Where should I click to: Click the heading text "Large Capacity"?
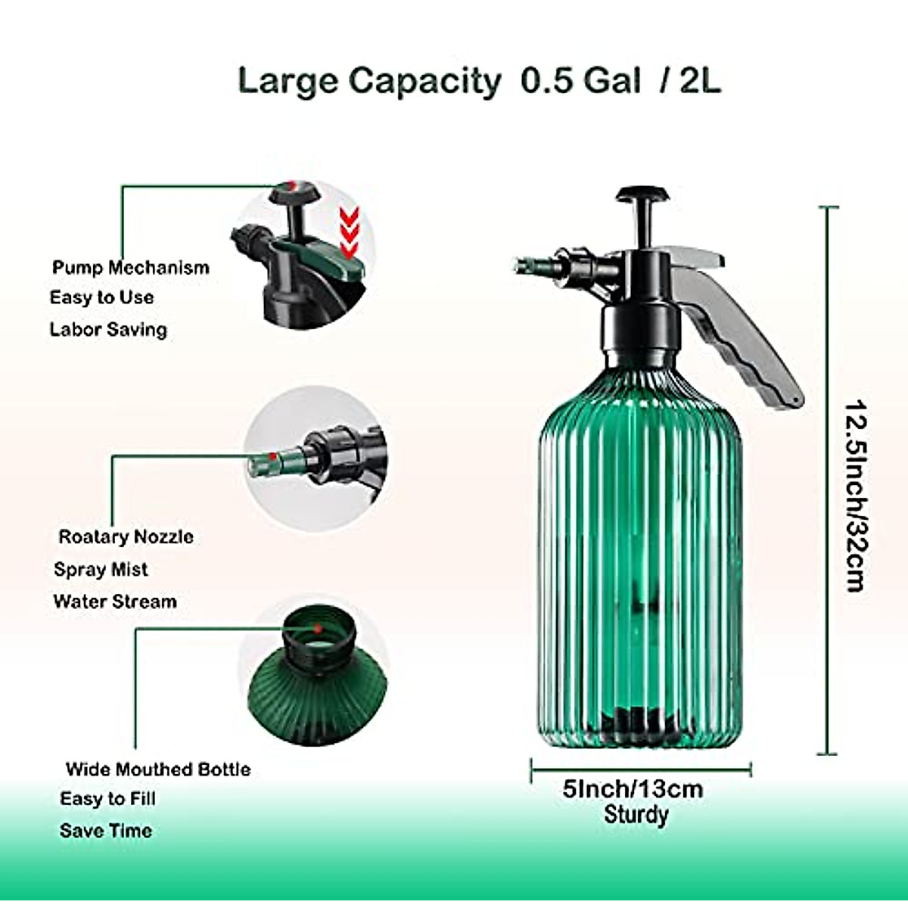368,81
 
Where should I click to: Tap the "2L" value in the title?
701,81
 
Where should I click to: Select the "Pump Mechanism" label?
130,268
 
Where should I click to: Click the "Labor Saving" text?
108,330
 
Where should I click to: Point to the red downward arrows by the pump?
348,233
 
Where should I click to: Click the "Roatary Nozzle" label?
126,537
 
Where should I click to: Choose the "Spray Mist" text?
101,570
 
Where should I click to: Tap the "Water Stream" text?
115,602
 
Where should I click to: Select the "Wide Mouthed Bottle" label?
158,770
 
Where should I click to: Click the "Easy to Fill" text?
107,799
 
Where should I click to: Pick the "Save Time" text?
106,831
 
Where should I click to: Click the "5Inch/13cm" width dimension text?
633,789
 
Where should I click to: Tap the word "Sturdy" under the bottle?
636,815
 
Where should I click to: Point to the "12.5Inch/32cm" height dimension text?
856,496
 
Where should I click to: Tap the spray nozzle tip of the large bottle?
521,266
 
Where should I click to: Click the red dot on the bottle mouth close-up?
318,629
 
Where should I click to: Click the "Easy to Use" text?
101,298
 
